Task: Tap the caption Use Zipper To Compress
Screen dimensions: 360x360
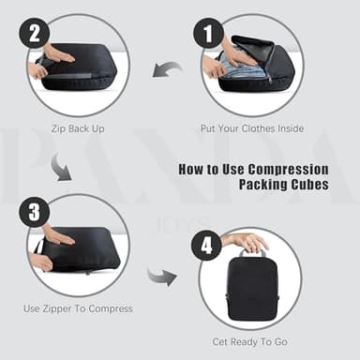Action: [78, 307]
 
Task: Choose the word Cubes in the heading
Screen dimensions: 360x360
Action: [308, 186]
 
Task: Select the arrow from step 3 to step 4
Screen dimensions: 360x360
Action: [162, 277]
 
